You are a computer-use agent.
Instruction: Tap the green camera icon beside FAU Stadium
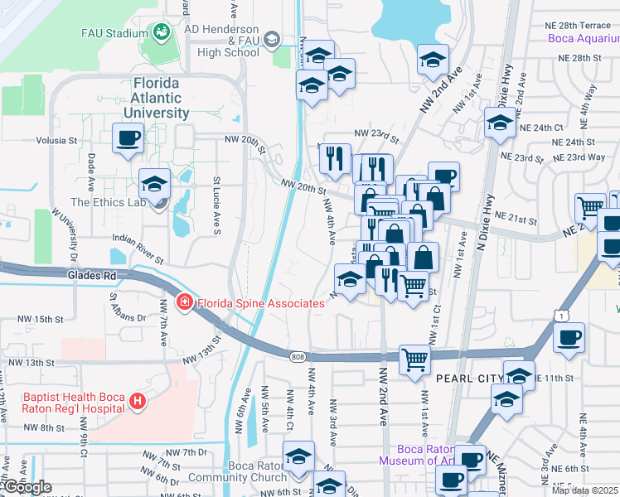coord(160,33)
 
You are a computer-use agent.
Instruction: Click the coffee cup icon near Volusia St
coord(128,138)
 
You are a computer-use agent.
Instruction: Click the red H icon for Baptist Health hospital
coord(138,403)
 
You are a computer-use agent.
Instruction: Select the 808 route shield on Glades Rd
coord(297,356)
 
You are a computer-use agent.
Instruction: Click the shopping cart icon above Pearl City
coord(414,359)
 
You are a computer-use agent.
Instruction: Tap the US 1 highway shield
coord(563,316)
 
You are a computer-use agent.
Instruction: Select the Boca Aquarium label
coord(583,39)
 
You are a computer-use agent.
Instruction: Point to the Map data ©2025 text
coord(584,490)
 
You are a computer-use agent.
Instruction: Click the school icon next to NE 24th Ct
coord(499,123)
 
